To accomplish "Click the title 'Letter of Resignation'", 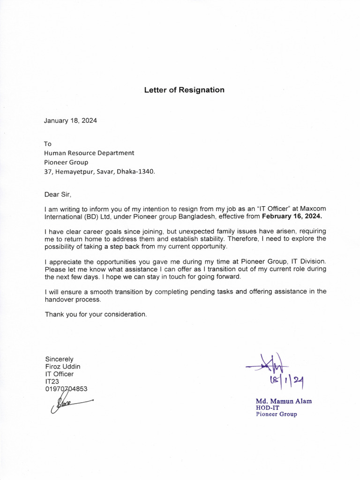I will coord(184,90).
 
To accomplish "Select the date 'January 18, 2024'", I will coord(70,120).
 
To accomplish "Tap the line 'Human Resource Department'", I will coord(89,153).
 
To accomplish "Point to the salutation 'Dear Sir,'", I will coord(59,194).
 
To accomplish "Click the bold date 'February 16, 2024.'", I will coord(292,217).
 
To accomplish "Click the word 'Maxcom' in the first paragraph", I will coord(313,209).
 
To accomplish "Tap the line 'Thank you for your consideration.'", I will coord(96,314).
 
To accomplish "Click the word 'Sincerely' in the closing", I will coord(59,359).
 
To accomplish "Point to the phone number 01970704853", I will coord(66,389).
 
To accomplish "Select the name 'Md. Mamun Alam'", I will coord(284,401).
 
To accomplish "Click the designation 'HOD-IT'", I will coord(266,408).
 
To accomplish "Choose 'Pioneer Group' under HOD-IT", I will coord(276,414).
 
